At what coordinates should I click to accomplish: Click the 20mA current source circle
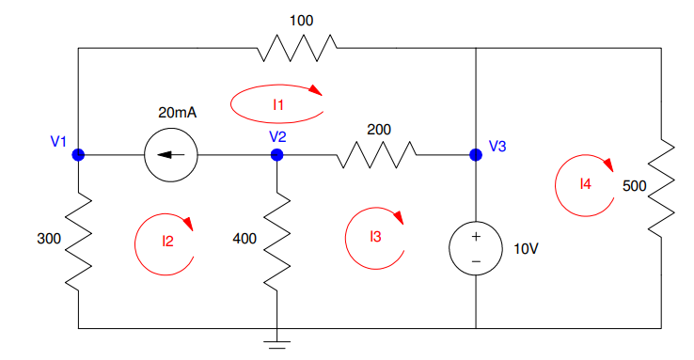[171, 155]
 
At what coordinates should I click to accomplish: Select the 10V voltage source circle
[476, 248]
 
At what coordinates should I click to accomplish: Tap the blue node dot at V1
[78, 155]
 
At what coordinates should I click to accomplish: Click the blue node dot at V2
[276, 155]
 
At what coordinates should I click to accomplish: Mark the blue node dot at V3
[476, 155]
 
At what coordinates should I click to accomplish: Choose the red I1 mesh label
[278, 105]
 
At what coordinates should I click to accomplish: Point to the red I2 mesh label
[167, 241]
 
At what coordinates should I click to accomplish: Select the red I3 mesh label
[375, 237]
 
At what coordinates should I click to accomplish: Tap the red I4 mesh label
[586, 184]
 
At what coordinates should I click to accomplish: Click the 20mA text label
[178, 112]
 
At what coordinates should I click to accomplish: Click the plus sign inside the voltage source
[476, 237]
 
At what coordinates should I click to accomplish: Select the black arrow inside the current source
[170, 155]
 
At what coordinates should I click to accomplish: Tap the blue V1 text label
[58, 142]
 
